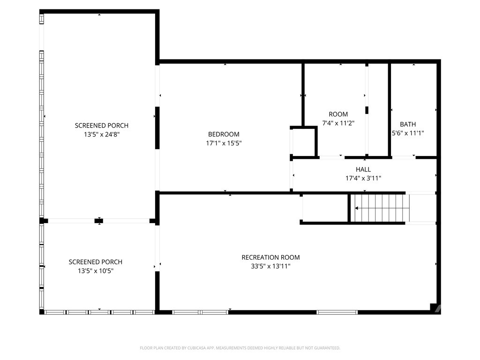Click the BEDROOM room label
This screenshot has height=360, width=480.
(x=224, y=134)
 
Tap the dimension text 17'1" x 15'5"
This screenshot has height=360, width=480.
(x=224, y=143)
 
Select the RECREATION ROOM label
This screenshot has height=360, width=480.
(x=270, y=257)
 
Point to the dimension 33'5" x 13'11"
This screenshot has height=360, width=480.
(x=270, y=266)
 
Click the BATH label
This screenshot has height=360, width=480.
(x=408, y=124)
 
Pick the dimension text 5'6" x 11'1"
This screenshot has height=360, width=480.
(x=408, y=133)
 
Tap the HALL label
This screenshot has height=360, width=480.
(x=363, y=169)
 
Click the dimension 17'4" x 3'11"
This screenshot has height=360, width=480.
(x=363, y=178)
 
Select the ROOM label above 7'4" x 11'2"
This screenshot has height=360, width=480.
(x=338, y=114)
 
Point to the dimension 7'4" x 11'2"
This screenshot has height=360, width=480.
(x=338, y=123)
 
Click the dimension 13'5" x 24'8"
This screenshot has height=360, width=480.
(x=102, y=135)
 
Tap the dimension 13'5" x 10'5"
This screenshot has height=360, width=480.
(x=96, y=271)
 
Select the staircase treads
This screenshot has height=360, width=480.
(x=380, y=208)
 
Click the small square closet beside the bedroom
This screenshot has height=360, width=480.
(x=304, y=142)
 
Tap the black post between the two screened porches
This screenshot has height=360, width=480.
(x=98, y=221)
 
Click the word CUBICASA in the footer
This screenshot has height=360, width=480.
(x=196, y=348)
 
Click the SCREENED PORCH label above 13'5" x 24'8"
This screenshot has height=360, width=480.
(x=102, y=126)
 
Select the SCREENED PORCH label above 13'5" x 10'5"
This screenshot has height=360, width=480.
(x=96, y=262)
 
